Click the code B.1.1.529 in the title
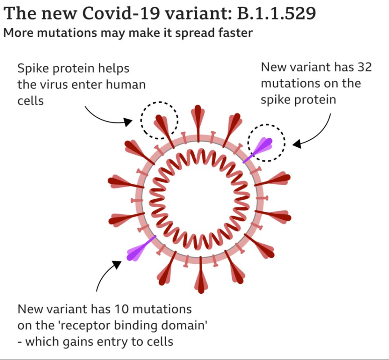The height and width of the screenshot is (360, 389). click(276, 14)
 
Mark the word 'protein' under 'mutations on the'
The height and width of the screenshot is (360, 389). click(316, 99)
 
